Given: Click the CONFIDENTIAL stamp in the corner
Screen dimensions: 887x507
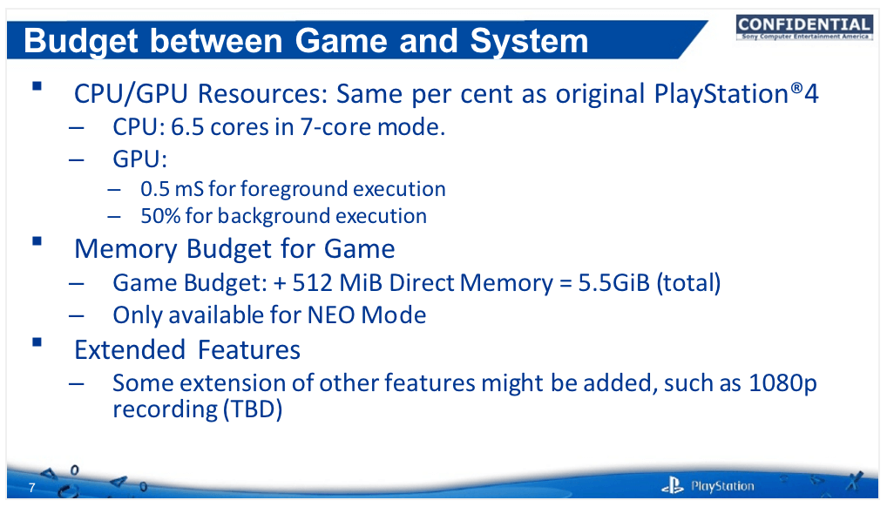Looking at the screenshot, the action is [804, 27].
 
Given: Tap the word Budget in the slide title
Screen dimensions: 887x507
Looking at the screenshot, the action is [81, 42].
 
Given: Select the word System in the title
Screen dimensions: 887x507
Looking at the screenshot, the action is [529, 42].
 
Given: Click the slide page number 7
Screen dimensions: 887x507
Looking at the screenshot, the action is [31, 488].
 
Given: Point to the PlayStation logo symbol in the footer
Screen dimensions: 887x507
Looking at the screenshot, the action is [673, 485].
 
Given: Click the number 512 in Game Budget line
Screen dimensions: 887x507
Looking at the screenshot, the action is [312, 283].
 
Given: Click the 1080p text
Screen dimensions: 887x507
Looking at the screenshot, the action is [783, 383].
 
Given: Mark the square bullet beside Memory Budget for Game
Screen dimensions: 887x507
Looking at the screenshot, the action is [37, 241].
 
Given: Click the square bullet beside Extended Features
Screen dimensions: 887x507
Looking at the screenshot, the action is [37, 341].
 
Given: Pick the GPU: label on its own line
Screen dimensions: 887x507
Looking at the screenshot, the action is [139, 159].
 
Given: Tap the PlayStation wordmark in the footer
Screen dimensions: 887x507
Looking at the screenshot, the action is [722, 486].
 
